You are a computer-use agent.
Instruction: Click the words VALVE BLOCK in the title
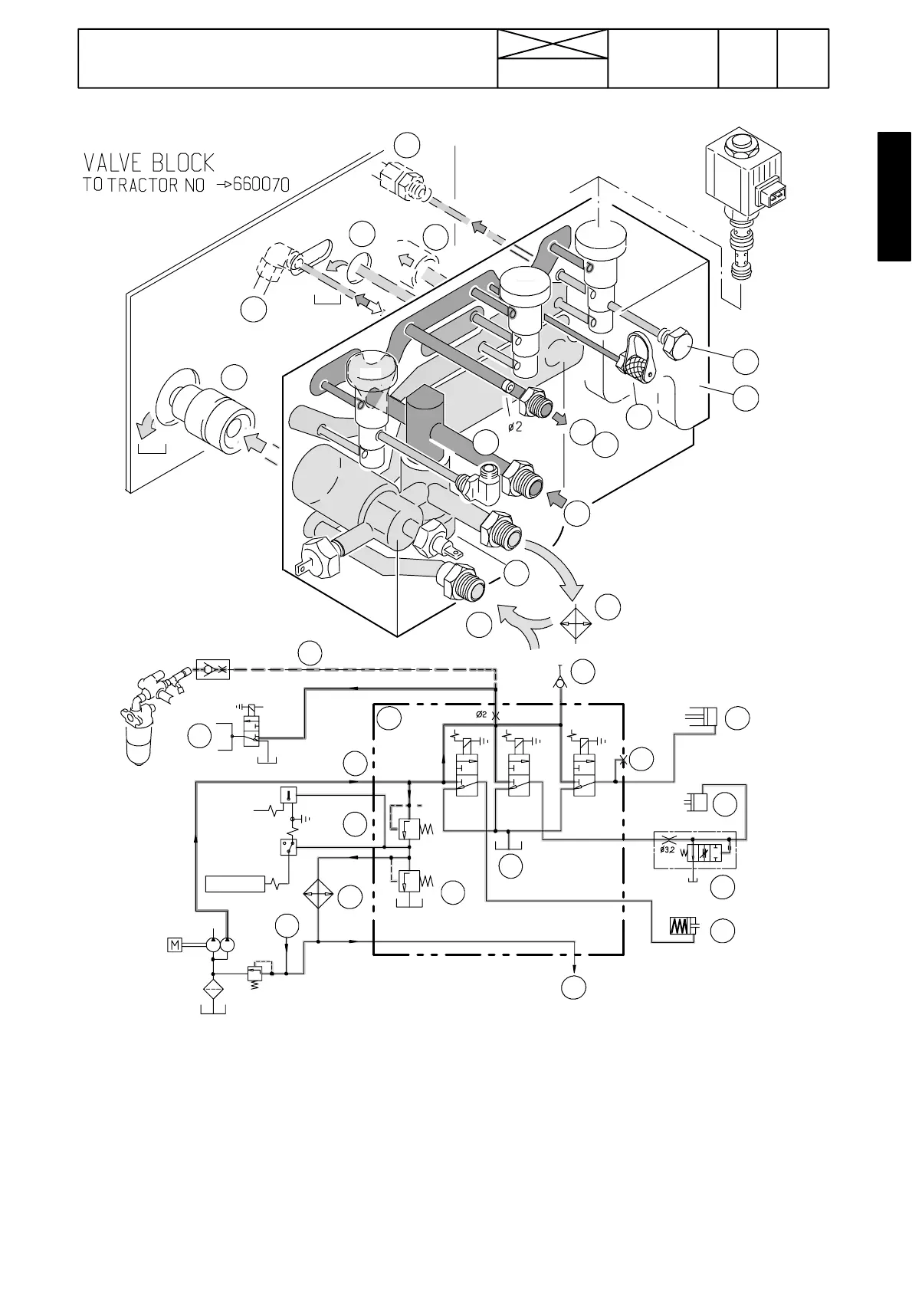pos(149,163)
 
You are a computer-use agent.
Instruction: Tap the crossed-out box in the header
pos(553,44)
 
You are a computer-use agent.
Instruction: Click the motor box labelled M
pos(175,944)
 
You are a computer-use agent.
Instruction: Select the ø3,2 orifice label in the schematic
pos(667,849)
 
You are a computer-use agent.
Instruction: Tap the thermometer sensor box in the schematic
pos(289,794)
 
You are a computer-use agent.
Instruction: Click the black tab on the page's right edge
pos(894,197)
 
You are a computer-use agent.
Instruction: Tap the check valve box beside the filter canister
pos(212,668)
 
